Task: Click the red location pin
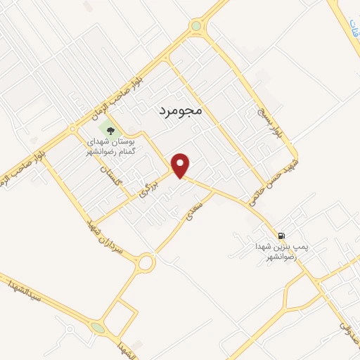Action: (182, 165)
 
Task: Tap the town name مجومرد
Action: (176, 110)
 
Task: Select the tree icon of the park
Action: (110, 129)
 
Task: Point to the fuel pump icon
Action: (281, 236)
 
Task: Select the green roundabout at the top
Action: (195, 27)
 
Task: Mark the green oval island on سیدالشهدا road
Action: (97, 328)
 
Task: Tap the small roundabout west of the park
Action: (72, 129)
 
